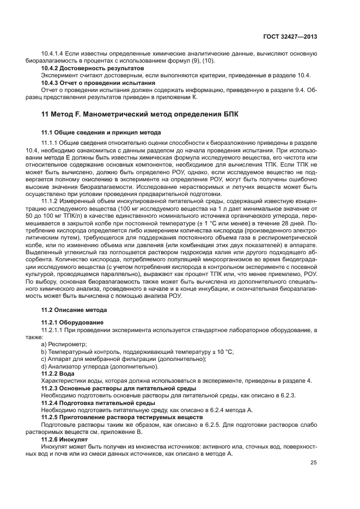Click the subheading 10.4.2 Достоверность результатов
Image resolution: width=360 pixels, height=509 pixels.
pyautogui.click(x=93, y=69)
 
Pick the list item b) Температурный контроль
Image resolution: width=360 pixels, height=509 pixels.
pyautogui.click(x=138, y=352)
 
